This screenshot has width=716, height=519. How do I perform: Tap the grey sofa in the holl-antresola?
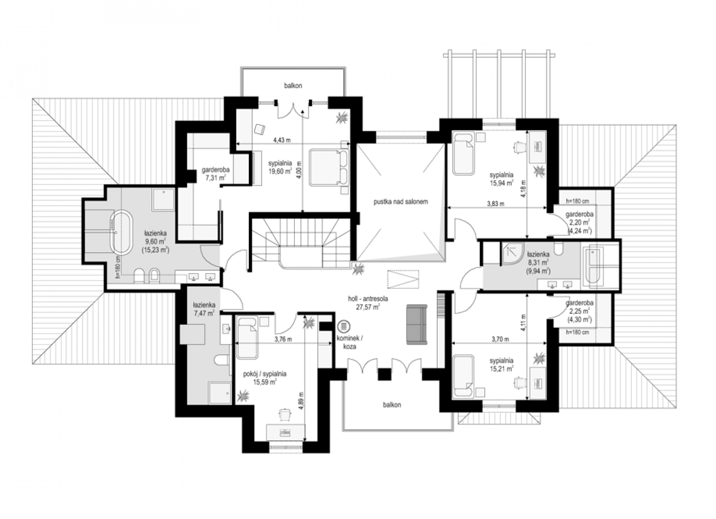click(x=417, y=324)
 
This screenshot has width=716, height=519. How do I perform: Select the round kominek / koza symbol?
click(x=344, y=326)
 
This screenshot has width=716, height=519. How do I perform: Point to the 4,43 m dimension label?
click(x=282, y=140)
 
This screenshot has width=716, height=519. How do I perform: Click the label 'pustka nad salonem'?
click(x=401, y=202)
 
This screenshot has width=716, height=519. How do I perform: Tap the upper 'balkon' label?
click(x=293, y=86)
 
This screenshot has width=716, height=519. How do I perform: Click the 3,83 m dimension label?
click(x=495, y=203)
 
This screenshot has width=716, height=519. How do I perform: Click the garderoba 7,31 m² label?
click(x=216, y=174)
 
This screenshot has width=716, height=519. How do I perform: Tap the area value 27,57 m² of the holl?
click(x=368, y=307)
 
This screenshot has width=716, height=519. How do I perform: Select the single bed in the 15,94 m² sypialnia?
click(x=463, y=154)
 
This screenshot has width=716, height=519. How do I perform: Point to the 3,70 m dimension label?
click(x=500, y=339)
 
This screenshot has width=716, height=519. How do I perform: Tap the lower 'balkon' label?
click(x=392, y=405)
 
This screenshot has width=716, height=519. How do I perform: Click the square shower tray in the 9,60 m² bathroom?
click(x=163, y=199)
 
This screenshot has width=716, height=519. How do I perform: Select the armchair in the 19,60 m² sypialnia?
click(x=260, y=129)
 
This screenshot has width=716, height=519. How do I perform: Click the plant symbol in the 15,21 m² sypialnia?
click(x=539, y=358)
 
